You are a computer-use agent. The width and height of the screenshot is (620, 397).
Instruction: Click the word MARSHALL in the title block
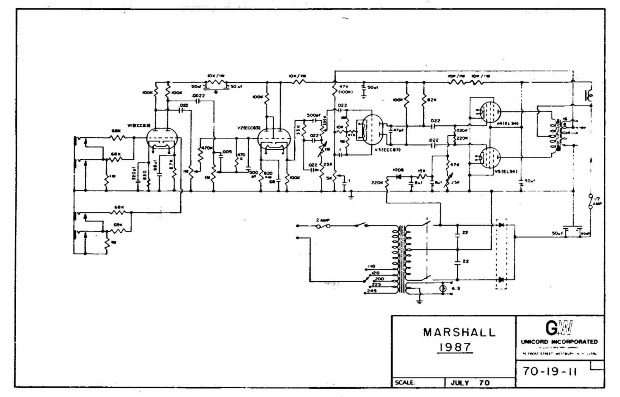coord(459,332)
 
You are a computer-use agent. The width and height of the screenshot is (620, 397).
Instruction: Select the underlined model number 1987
coord(455,347)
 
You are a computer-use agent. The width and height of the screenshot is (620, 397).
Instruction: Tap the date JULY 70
coord(470,383)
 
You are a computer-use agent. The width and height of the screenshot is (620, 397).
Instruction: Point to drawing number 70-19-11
coord(550,371)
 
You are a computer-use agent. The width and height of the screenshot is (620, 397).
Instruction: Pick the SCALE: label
coord(405,383)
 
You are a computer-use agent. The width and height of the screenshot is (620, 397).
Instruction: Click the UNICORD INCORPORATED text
coord(559,342)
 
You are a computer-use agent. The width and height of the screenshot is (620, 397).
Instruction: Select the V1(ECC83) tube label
coord(138,126)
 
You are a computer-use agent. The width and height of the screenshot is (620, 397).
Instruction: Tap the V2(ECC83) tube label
coord(248,128)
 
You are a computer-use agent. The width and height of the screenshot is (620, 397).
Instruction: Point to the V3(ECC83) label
coord(388,150)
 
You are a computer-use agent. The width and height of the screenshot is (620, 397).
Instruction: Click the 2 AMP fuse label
coord(323,220)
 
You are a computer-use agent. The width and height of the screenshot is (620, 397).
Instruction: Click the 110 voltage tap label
coord(371,267)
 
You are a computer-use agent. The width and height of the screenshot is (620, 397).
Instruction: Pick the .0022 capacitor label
coord(199,96)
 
